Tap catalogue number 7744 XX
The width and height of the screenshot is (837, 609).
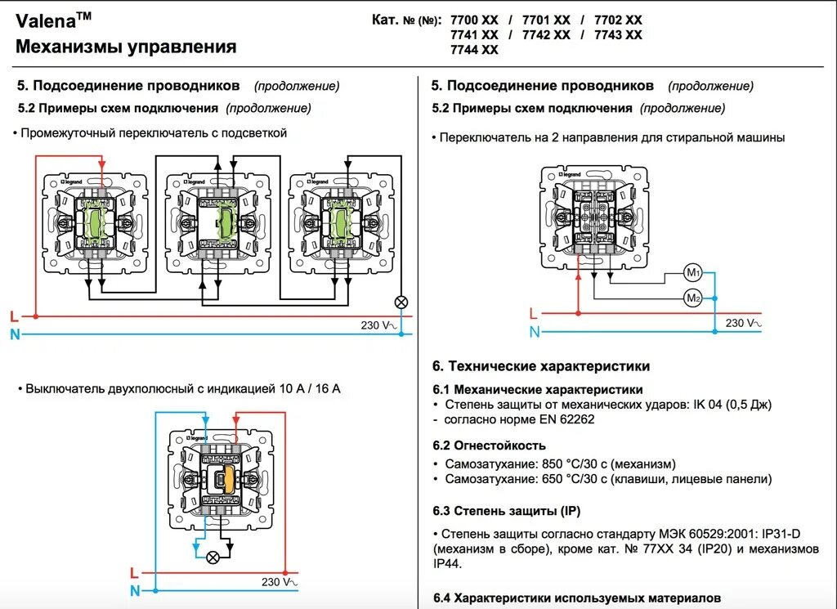coord(474,50)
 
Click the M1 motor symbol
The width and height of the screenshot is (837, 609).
coord(693,271)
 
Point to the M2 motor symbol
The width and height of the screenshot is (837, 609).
coord(693,298)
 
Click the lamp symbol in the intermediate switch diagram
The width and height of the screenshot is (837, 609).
coord(401,302)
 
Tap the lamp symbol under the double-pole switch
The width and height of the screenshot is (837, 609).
coord(213,558)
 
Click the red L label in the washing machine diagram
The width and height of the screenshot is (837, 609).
coord(533,313)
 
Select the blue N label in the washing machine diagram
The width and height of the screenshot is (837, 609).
coord(535,331)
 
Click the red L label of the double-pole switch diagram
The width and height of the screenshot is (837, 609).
coord(134,572)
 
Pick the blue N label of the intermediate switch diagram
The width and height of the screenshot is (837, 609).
coord(15,334)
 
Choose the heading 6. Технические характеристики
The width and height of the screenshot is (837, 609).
coord(540,366)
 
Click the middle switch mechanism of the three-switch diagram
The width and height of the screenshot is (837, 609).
coord(217,219)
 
